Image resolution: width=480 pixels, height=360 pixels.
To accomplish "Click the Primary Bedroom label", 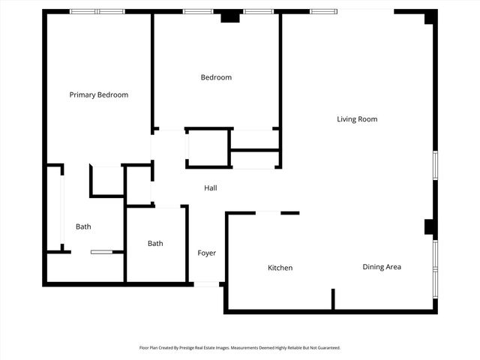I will pyautogui.click(x=99, y=95).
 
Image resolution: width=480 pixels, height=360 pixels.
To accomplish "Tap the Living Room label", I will pyautogui.click(x=357, y=119).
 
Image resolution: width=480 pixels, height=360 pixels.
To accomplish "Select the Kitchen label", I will pyautogui.click(x=280, y=268).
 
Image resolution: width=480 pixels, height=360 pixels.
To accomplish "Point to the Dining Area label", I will pyautogui.click(x=382, y=267).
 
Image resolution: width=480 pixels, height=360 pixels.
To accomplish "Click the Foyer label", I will pyautogui.click(x=207, y=253).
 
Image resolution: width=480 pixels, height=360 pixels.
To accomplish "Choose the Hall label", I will pyautogui.click(x=211, y=187).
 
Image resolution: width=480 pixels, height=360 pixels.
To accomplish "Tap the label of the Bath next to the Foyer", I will pyautogui.click(x=155, y=244).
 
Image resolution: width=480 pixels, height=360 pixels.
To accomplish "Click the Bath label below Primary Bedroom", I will pyautogui.click(x=83, y=226).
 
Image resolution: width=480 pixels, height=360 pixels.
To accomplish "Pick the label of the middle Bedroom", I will pyautogui.click(x=216, y=77).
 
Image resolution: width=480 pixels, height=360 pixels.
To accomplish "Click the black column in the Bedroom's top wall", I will pyautogui.click(x=230, y=16).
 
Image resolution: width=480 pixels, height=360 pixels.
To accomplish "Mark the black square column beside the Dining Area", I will pyautogui.click(x=430, y=226).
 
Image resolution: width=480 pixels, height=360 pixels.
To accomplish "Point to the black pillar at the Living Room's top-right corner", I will pyautogui.click(x=430, y=16).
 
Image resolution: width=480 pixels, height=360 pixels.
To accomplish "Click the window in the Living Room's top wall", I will pyautogui.click(x=323, y=11).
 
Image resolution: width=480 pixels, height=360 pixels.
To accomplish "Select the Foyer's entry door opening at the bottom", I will pyautogui.click(x=207, y=284).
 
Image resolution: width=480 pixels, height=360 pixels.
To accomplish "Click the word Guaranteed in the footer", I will pyautogui.click(x=325, y=348).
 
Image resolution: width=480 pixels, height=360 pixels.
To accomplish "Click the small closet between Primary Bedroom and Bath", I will pyautogui.click(x=107, y=181).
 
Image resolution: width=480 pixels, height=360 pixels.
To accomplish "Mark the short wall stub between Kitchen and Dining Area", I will pyautogui.click(x=333, y=298).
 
